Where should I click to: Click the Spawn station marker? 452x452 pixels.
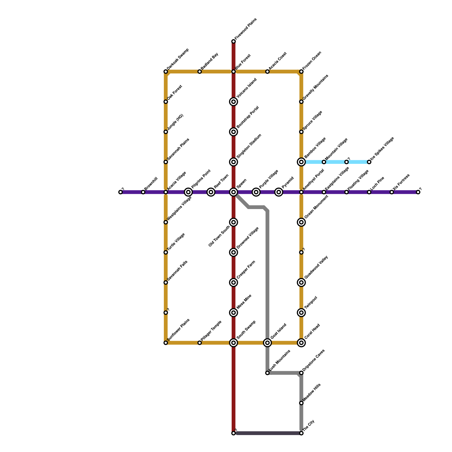(233, 192)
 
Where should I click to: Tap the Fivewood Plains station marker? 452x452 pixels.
(233, 42)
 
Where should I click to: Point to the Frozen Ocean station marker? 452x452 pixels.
(301, 71)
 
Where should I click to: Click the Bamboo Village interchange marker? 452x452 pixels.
(301, 162)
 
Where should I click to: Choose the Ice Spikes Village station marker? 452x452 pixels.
(369, 162)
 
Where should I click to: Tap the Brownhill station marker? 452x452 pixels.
(143, 192)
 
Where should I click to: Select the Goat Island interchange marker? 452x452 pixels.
(267, 343)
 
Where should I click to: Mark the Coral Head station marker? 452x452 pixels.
(301, 343)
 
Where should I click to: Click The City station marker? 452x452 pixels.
(301, 433)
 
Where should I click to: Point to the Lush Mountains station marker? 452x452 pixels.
(267, 373)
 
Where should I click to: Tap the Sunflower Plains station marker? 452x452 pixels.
(166, 343)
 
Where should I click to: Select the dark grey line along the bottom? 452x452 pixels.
(267, 433)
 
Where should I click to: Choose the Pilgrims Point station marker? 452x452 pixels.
(188, 192)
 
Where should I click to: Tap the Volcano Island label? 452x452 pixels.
(247, 88)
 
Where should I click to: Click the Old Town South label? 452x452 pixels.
(219, 236)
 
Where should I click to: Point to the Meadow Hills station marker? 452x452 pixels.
(301, 403)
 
